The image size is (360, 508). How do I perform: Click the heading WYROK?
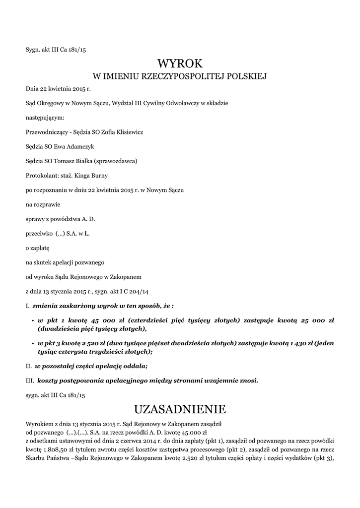[x=180, y=63]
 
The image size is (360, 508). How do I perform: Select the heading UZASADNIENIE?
[x=180, y=409]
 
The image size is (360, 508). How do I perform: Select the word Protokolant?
[x=42, y=176]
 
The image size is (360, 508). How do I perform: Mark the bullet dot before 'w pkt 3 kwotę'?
[x=32, y=343]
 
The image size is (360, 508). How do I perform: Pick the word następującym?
[x=45, y=118]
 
